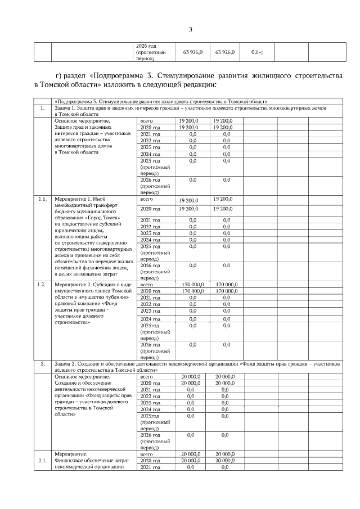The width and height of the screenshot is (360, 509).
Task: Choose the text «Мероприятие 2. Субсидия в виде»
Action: [x=93, y=285]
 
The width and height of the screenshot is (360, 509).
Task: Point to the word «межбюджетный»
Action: [x=73, y=206]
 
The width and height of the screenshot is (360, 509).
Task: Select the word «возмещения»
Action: [x=97, y=273]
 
